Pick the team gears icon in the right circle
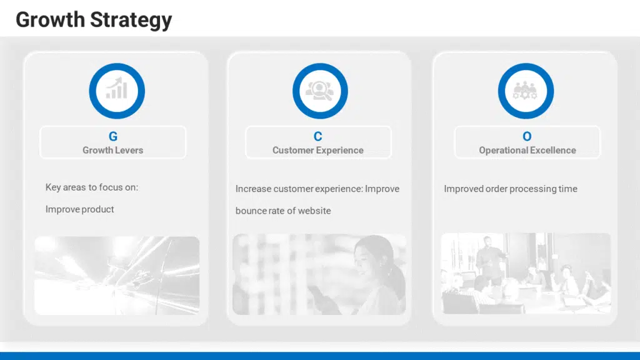point(525,91)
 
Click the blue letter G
point(113,136)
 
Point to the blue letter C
point(318,136)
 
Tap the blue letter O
point(527,136)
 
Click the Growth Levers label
point(113,150)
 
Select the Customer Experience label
point(318,150)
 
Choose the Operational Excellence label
point(527,150)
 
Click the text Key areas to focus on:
point(92,187)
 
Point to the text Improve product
point(80,209)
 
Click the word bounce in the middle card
point(250,211)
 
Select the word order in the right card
point(497,189)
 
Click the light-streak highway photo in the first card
point(117,275)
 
